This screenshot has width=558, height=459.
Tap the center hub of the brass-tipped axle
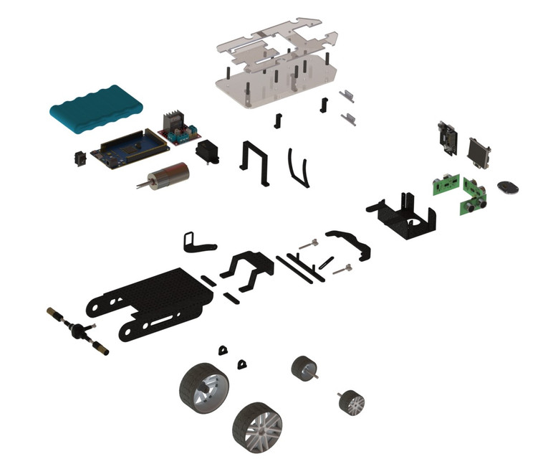click(74, 331)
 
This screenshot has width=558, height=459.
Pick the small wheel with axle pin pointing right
click(304, 369)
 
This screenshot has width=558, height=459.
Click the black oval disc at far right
click(508, 188)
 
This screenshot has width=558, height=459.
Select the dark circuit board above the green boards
click(448, 138)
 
